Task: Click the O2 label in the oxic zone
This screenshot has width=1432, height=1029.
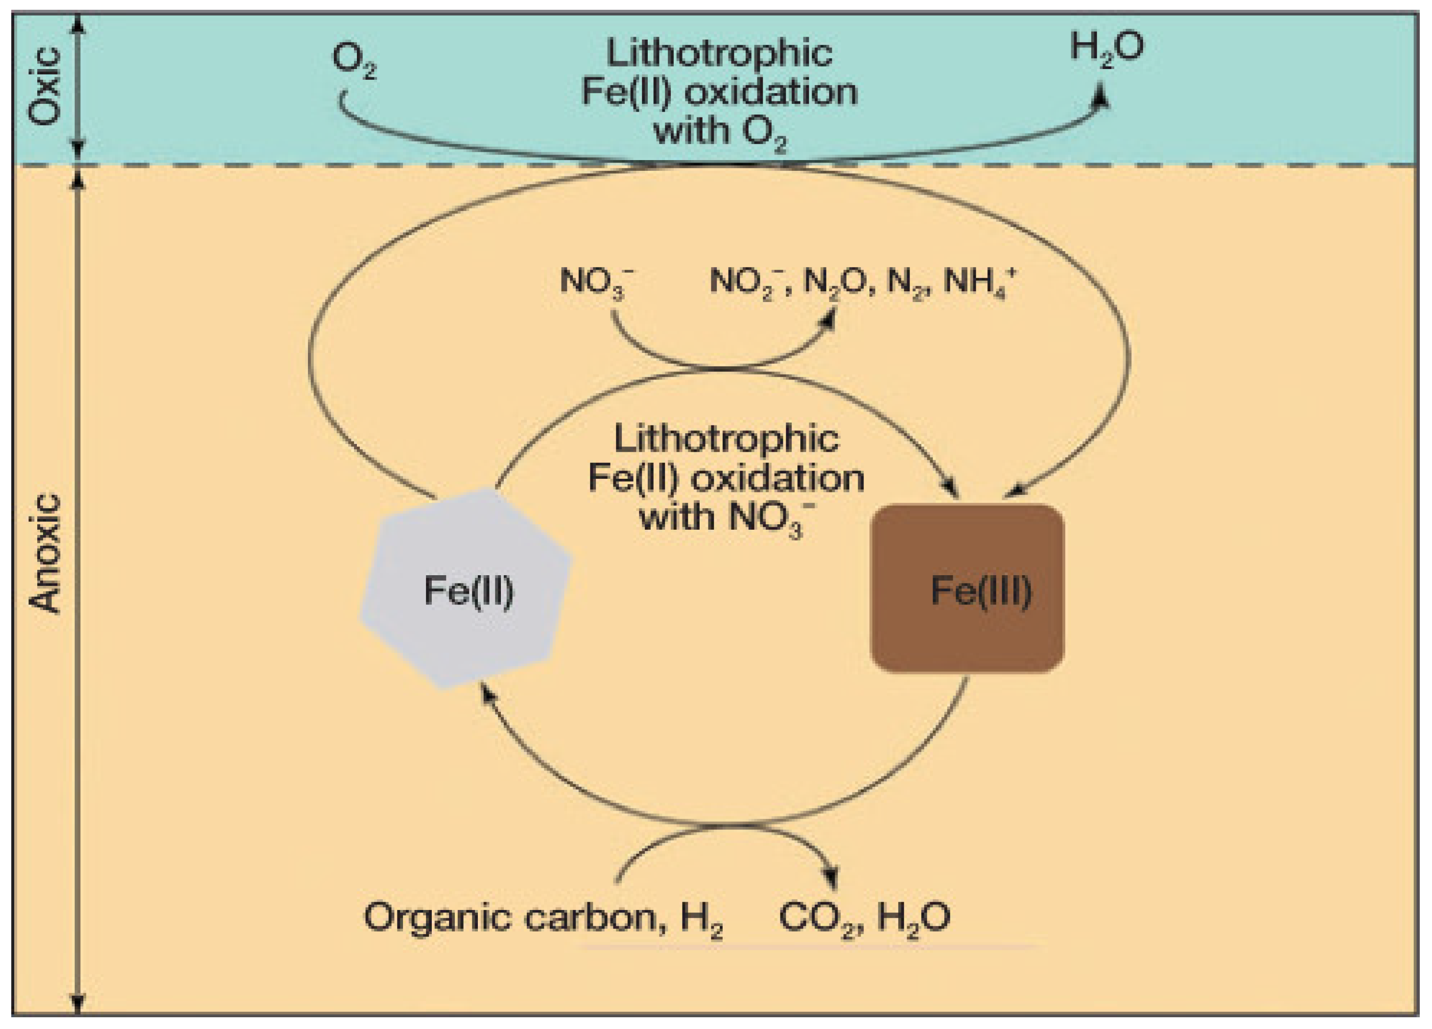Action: point(353,62)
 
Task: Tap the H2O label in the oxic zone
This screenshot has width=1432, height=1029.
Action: point(1106,47)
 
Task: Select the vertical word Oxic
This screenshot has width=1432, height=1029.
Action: point(46,87)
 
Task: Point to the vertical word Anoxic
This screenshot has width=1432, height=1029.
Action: point(46,554)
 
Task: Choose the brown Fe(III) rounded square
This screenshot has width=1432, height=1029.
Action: point(967,588)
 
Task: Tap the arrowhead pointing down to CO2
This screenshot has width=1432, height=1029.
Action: point(832,878)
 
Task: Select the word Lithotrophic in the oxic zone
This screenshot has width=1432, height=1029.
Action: point(719,53)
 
